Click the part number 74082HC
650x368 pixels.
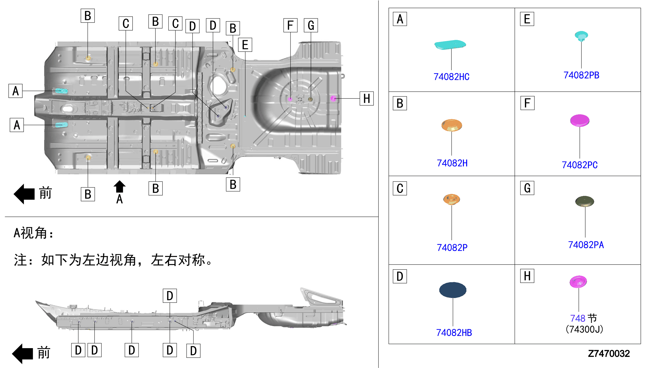click(x=451, y=77)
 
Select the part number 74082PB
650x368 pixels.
click(x=581, y=75)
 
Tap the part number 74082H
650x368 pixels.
click(x=452, y=163)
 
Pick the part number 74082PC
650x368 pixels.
click(x=580, y=165)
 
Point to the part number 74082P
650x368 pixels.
click(x=452, y=247)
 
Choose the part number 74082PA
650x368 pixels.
click(x=586, y=245)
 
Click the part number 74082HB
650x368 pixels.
click(x=454, y=333)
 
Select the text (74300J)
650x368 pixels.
click(x=584, y=329)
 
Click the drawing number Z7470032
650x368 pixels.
click(x=609, y=354)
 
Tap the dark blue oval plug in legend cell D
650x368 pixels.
click(x=452, y=290)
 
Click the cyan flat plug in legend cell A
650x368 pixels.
click(x=450, y=45)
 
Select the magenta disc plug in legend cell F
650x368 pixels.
click(x=580, y=120)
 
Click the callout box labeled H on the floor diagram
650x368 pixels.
click(x=367, y=99)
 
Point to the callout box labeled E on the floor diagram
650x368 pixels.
click(x=245, y=45)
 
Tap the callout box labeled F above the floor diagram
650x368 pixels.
click(x=290, y=25)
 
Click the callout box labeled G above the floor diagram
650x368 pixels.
click(x=311, y=25)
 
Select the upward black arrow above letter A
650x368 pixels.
click(x=119, y=186)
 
